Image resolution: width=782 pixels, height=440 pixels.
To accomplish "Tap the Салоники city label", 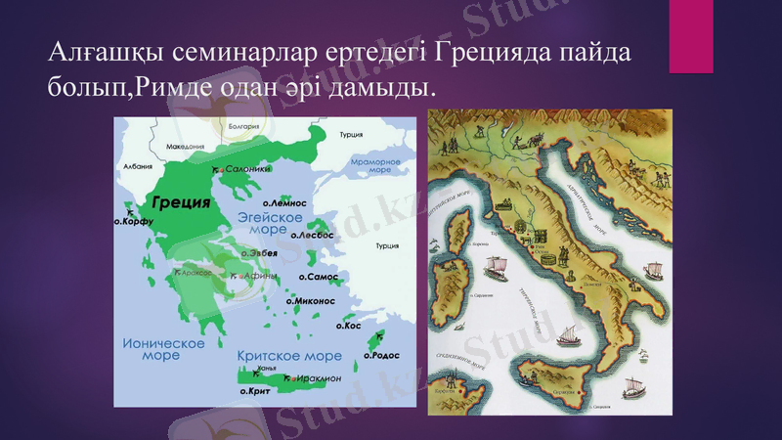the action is (247, 168).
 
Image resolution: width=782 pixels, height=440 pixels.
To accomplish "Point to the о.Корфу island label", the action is (136, 221).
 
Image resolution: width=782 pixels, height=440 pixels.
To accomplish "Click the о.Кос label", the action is (349, 325).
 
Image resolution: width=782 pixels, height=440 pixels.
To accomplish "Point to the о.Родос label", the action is (378, 356).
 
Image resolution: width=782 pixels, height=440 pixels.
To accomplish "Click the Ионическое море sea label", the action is (163, 349).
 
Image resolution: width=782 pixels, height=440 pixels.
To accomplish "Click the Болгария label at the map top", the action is (243, 126).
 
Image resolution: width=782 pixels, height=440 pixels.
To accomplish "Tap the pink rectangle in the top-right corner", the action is (690, 36).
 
